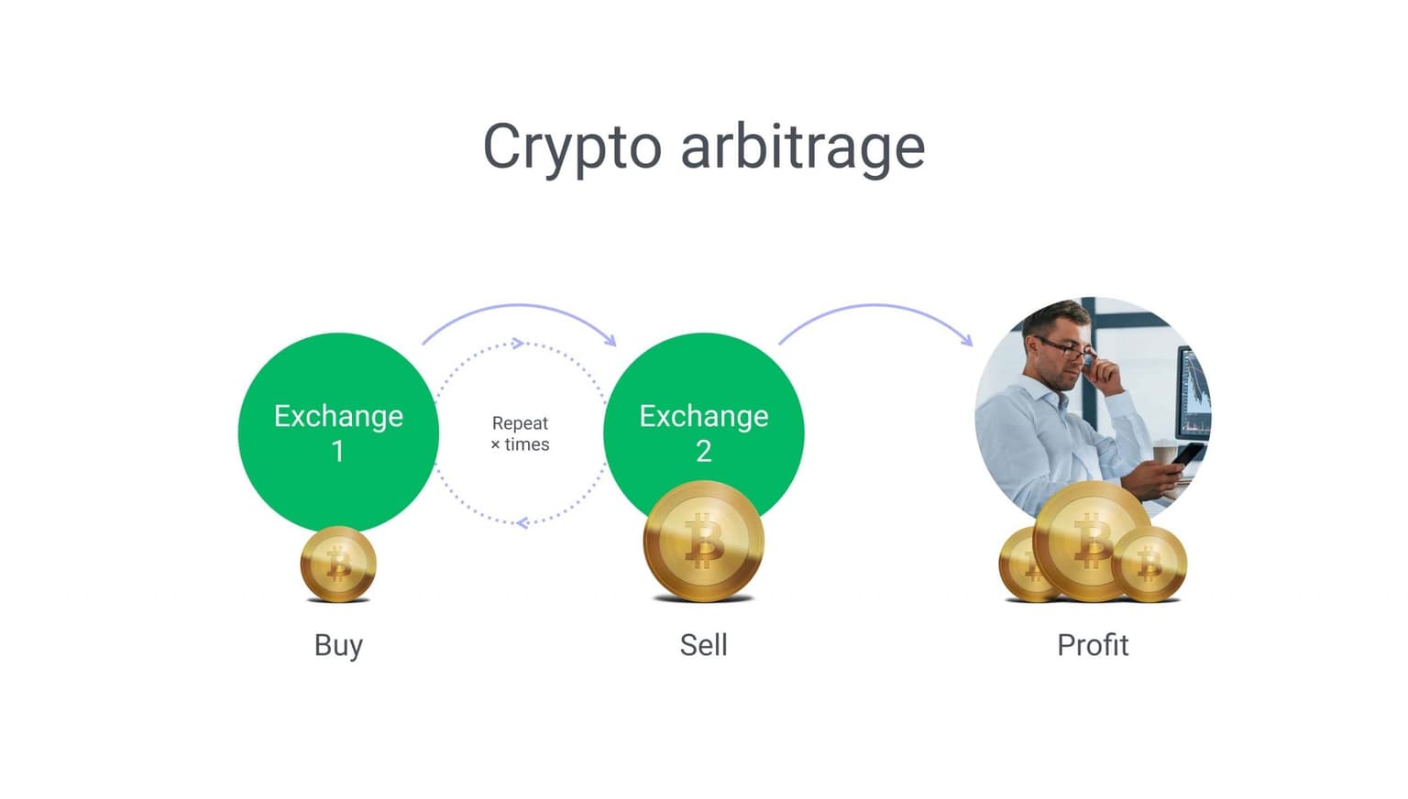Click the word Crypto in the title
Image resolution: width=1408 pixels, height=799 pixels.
click(x=572, y=148)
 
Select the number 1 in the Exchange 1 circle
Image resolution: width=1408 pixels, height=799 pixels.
click(x=338, y=451)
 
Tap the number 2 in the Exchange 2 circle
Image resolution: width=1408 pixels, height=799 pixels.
click(x=703, y=451)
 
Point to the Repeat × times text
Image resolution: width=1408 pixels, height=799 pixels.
click(x=520, y=433)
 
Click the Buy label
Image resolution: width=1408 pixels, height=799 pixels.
click(x=338, y=646)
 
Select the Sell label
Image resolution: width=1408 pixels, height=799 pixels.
click(x=703, y=645)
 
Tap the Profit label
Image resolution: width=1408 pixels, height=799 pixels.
click(x=1093, y=645)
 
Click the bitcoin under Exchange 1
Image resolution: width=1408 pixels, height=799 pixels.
click(x=338, y=564)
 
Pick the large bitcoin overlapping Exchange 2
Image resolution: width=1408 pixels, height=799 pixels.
click(x=703, y=541)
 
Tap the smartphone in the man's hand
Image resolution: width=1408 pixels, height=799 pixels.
click(x=1187, y=454)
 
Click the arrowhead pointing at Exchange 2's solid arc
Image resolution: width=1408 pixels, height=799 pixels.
click(x=610, y=339)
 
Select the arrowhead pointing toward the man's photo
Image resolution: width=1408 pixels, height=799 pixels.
click(x=967, y=339)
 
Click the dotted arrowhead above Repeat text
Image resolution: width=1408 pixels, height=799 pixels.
click(x=518, y=343)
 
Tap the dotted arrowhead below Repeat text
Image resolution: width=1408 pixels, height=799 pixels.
click(x=522, y=522)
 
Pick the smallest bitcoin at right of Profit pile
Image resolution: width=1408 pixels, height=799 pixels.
click(x=1149, y=564)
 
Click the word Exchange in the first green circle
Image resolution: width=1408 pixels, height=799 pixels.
click(x=338, y=417)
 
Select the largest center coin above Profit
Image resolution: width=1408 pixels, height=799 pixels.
click(x=1092, y=542)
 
